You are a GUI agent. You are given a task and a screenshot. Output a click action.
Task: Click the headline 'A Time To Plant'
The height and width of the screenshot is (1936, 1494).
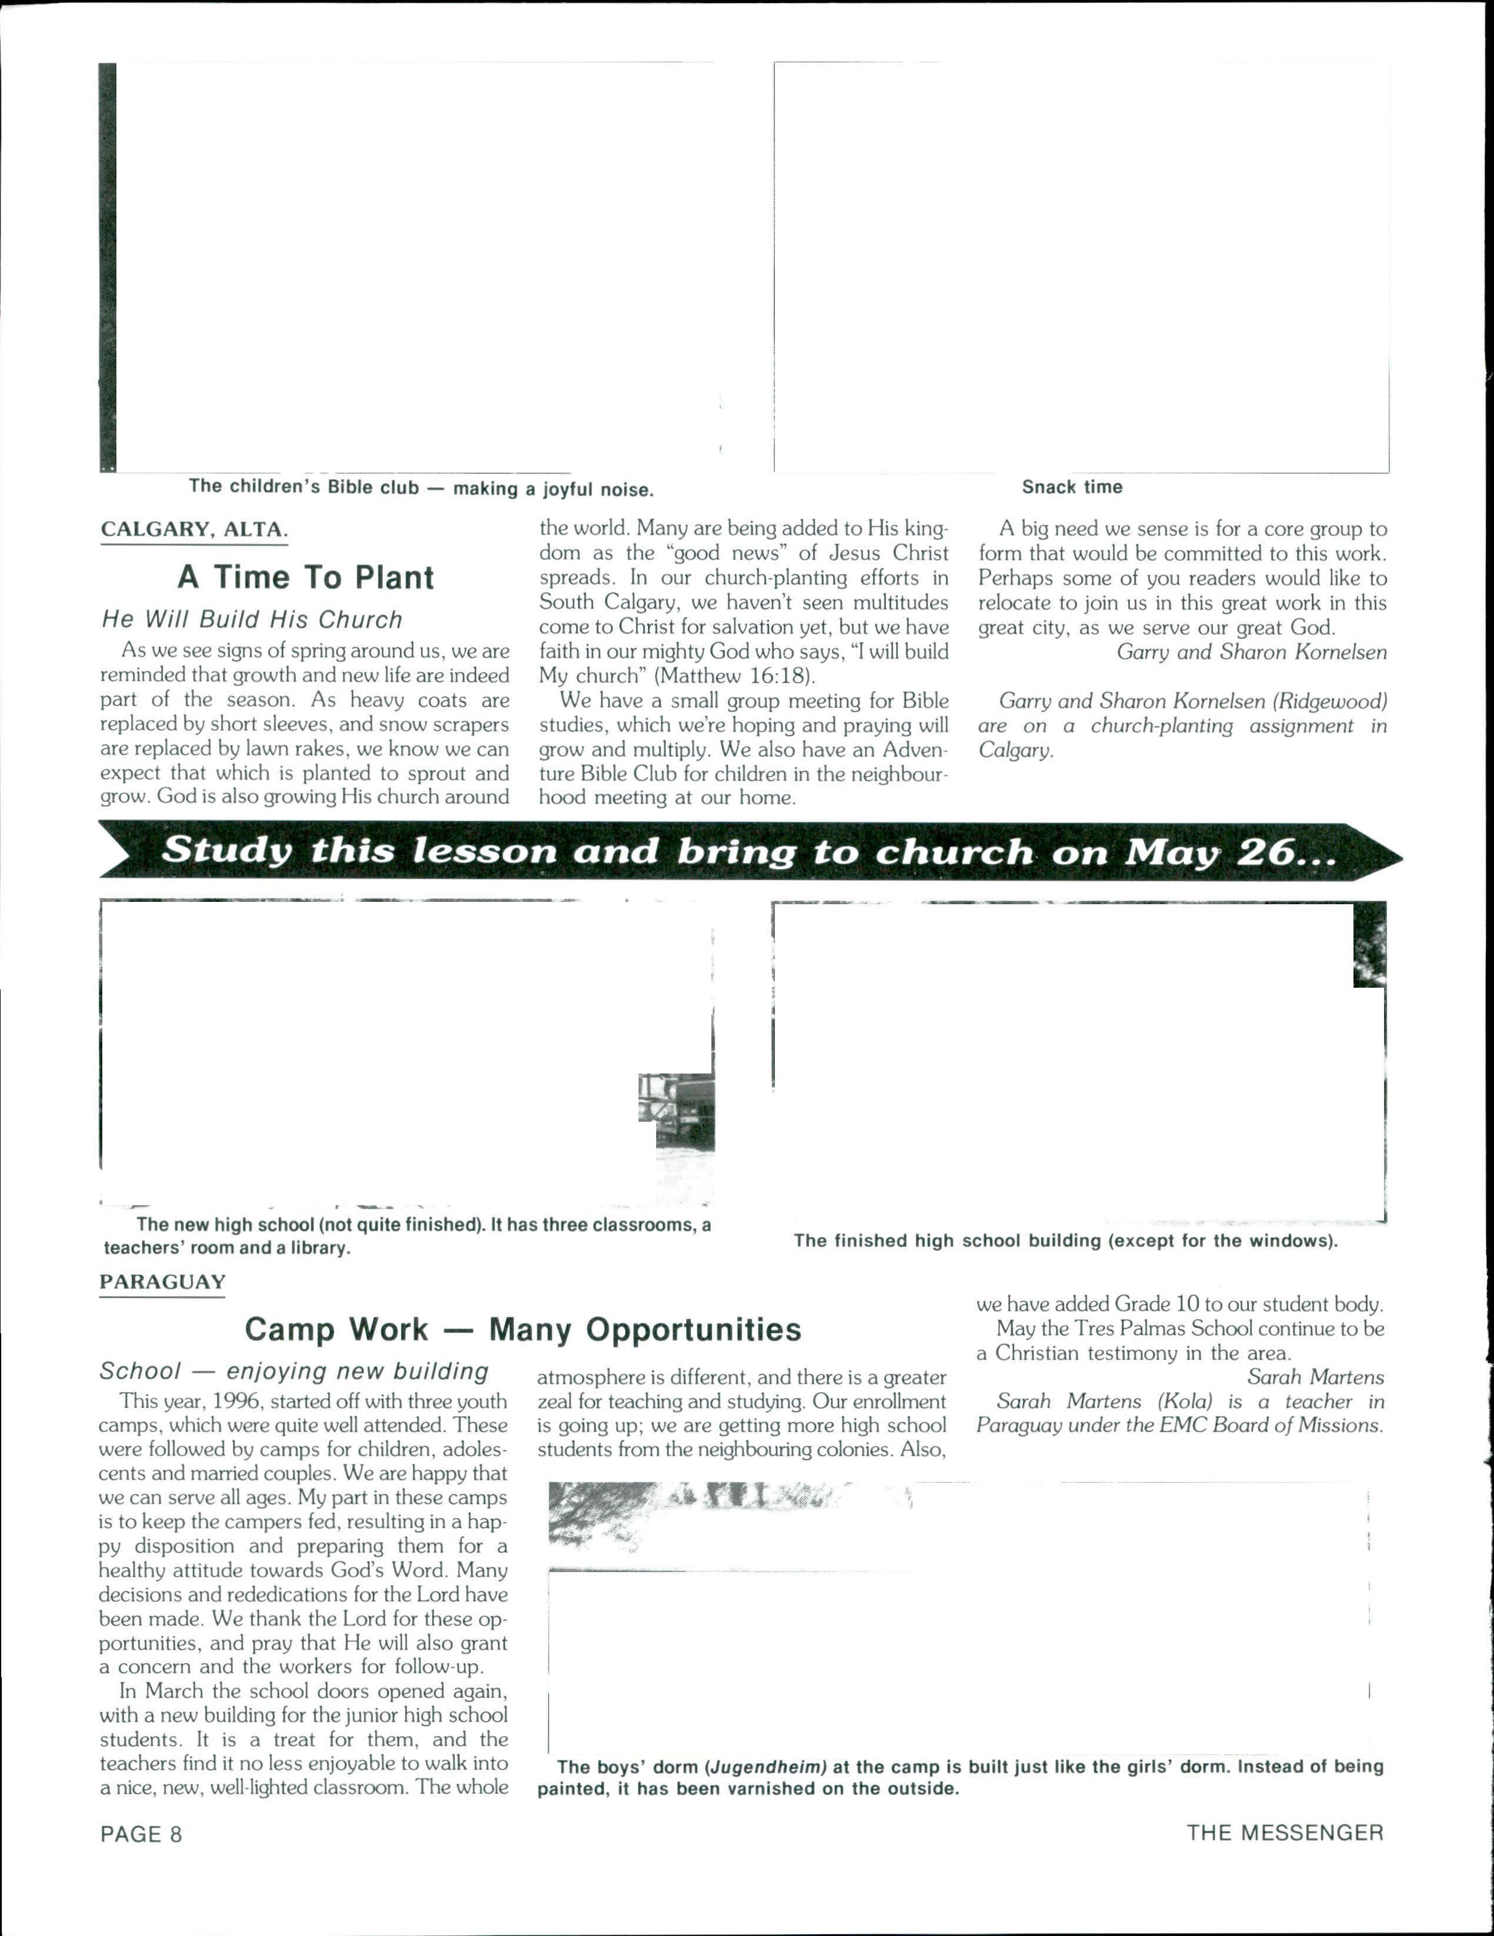click(x=305, y=577)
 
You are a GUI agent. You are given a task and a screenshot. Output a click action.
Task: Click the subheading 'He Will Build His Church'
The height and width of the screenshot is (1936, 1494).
click(x=252, y=620)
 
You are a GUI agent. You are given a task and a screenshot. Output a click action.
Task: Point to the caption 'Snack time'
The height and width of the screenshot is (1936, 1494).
click(x=1072, y=487)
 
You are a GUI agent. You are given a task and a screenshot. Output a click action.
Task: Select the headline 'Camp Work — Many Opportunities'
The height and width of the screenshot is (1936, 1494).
click(x=522, y=1330)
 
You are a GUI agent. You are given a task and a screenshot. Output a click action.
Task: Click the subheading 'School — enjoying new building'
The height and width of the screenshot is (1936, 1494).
click(x=293, y=1372)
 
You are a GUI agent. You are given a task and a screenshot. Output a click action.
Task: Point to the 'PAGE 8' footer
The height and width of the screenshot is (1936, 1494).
click(x=141, y=1834)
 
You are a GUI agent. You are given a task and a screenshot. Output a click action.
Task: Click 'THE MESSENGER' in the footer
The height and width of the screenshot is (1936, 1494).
click(x=1285, y=1833)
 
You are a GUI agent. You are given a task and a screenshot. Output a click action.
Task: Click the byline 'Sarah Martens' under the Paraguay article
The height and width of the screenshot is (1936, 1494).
click(x=1315, y=1377)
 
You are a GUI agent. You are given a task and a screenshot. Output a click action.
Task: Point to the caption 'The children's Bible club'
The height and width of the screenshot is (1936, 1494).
click(x=303, y=487)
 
